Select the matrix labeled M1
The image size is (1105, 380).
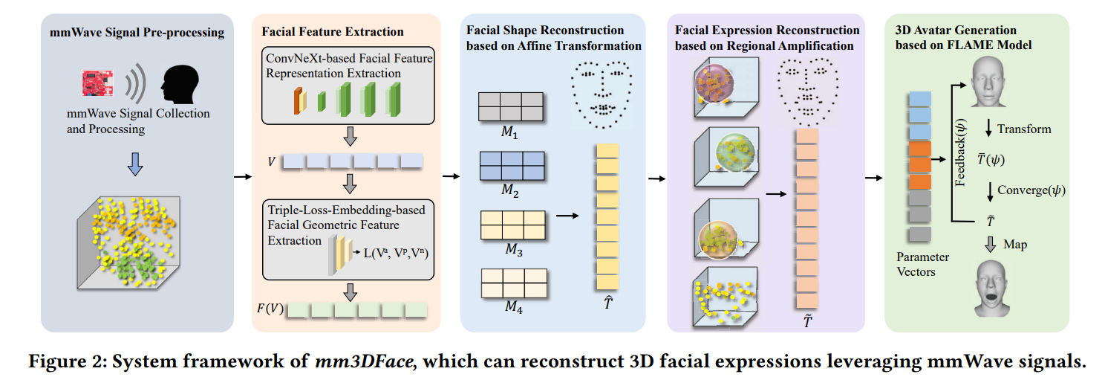[x=510, y=106]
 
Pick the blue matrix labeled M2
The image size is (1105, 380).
[x=510, y=164]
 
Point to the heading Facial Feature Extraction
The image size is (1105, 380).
[x=333, y=31]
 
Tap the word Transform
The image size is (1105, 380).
[x=1024, y=129]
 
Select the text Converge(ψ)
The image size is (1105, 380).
[x=1031, y=190]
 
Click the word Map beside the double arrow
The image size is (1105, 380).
[x=1015, y=244]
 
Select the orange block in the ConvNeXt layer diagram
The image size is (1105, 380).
[x=299, y=100]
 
